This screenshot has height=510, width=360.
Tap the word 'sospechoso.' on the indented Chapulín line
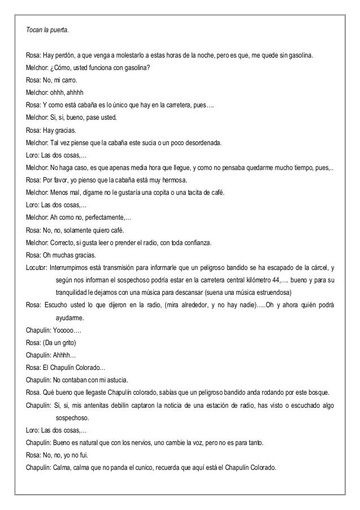[73, 418]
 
